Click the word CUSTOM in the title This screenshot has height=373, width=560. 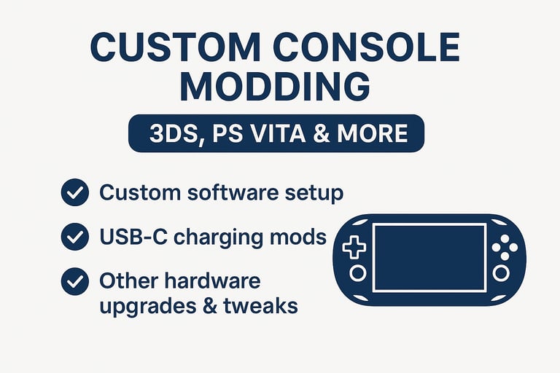coord(175,47)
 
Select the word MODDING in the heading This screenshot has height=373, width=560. coord(275,87)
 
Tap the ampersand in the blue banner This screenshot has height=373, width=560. coord(322,133)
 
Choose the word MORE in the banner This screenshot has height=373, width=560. coord(372,133)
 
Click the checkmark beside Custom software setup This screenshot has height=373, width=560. coord(75,192)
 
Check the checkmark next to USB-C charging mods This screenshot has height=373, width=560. coord(75,237)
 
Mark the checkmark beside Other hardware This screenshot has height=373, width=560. coord(75,281)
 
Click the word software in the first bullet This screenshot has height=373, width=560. coord(232,192)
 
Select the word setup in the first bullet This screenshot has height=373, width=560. coord(314,194)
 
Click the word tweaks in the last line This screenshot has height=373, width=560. coord(260,306)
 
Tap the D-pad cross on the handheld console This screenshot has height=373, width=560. coord(354,247)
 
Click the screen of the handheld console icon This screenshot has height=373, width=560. coord(429,258)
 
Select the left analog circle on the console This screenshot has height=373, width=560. coord(357,273)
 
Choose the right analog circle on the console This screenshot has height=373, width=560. coord(501,273)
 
